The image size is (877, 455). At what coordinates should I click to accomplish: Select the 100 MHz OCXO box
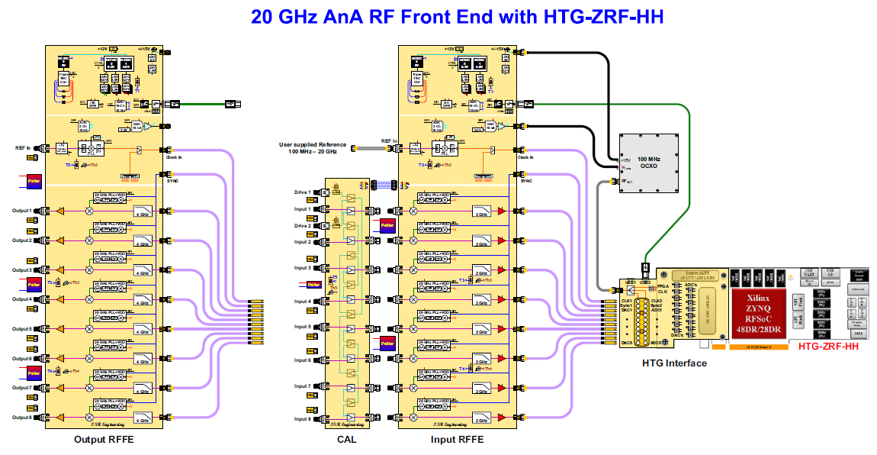647,162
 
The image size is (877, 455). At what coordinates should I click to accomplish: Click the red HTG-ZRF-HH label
828,347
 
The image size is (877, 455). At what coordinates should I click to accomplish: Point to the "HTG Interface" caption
675,363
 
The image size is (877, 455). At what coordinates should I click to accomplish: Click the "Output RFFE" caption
104,440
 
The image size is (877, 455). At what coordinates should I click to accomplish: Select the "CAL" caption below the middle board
347,440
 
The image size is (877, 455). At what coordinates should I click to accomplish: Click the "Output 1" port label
21,211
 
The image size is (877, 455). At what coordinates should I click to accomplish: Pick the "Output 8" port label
21,418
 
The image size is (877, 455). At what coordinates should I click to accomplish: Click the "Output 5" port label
21,329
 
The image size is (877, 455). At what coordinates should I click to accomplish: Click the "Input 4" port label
303,302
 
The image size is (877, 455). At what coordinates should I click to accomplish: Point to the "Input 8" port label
303,419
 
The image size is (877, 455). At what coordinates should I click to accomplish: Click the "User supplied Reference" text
313,144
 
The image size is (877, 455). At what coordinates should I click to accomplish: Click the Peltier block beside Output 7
34,373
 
